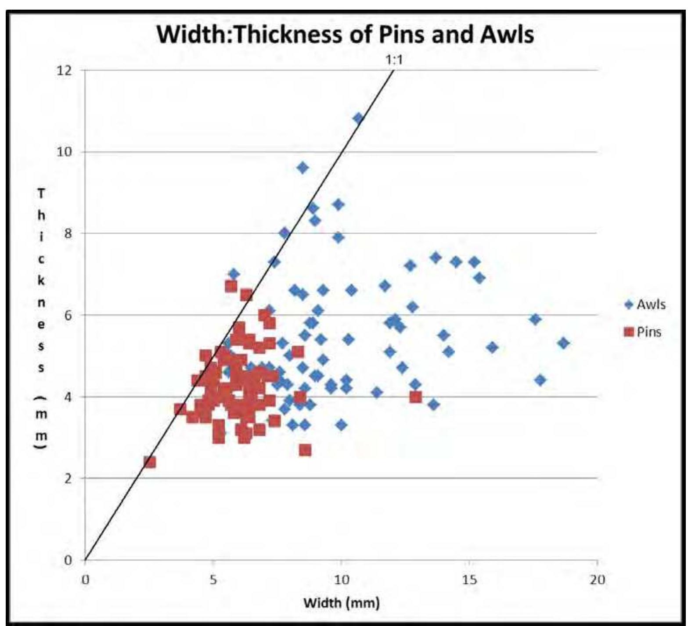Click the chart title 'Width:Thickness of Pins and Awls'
[x=346, y=34]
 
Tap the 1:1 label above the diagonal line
[x=393, y=61]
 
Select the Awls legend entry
[x=645, y=304]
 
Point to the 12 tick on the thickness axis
[x=65, y=70]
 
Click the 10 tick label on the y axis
[x=65, y=152]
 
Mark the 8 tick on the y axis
[x=67, y=233]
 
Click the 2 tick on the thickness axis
[x=67, y=478]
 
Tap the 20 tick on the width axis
[x=597, y=579]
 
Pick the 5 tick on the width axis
[x=213, y=579]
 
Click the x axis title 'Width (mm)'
[x=341, y=603]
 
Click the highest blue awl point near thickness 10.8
[x=358, y=118]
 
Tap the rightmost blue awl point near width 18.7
[x=564, y=343]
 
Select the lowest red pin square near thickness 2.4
[x=150, y=462]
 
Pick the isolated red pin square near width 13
[x=415, y=397]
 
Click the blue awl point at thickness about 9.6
[x=303, y=168]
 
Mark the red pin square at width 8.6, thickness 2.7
[x=305, y=450]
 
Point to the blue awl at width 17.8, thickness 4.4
[x=540, y=380]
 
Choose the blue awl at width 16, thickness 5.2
[x=492, y=347]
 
